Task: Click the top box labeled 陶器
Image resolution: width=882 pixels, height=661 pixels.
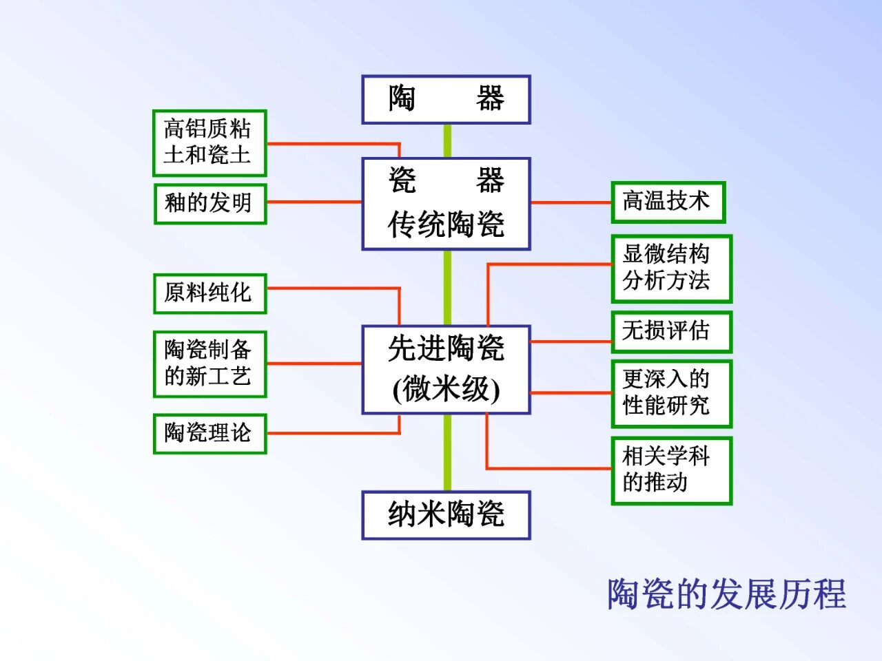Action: (x=446, y=99)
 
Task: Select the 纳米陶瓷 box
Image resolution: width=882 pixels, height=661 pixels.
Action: (x=446, y=514)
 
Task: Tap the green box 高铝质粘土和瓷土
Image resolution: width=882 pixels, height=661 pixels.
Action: (x=209, y=143)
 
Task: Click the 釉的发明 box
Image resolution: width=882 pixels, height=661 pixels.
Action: (x=209, y=203)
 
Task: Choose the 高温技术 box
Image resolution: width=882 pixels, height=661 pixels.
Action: (x=667, y=202)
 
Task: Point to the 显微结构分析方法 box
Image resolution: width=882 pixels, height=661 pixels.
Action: (x=670, y=268)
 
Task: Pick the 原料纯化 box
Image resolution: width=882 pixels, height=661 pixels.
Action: (x=209, y=293)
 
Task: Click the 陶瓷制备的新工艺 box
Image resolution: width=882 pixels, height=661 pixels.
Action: (x=209, y=364)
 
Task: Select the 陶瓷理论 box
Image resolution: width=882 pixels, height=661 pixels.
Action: (x=209, y=433)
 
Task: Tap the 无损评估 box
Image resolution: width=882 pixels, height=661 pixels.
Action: (x=670, y=331)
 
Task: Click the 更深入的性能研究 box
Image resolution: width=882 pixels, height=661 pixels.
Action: (x=670, y=392)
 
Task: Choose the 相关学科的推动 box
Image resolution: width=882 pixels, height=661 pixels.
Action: (x=670, y=470)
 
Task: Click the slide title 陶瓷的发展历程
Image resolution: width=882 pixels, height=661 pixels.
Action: (x=726, y=594)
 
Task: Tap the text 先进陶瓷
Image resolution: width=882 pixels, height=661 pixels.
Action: (x=446, y=348)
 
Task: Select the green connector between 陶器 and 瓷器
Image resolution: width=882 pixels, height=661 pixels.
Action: (x=447, y=140)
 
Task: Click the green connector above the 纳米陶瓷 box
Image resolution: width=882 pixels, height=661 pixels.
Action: (x=447, y=452)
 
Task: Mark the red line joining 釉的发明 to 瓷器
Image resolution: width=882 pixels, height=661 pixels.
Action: (x=314, y=202)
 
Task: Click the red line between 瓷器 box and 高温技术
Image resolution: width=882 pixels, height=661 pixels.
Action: (x=571, y=202)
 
